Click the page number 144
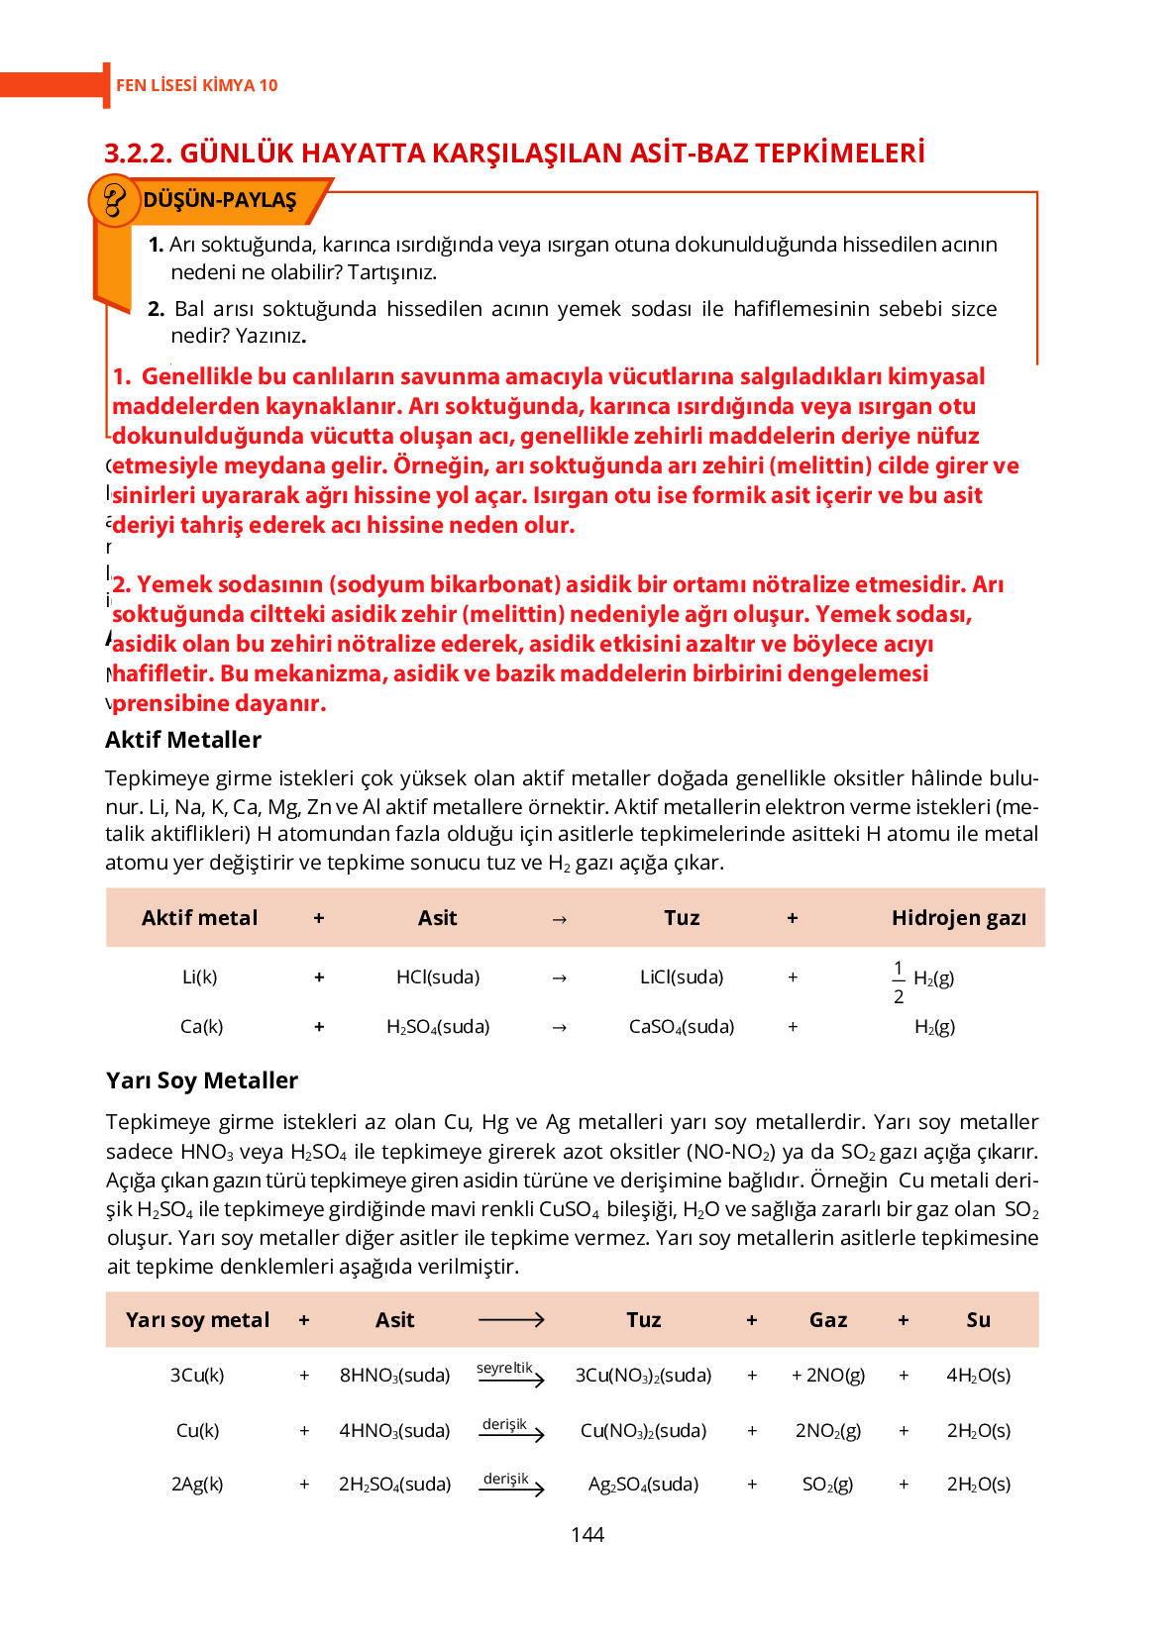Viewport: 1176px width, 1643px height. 587,1534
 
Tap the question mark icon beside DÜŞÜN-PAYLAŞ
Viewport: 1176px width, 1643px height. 114,200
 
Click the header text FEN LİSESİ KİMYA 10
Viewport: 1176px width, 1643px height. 196,85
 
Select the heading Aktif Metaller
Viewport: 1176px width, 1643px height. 183,740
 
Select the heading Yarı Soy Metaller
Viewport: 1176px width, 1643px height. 202,1080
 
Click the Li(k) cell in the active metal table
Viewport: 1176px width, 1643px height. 199,976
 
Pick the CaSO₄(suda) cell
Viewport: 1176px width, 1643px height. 682,1027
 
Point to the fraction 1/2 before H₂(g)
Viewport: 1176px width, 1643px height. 898,981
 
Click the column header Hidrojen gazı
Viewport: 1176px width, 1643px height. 958,918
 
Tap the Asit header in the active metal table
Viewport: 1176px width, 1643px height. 437,918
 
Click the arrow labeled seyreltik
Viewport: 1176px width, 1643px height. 510,1375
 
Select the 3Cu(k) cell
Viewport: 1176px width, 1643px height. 197,1375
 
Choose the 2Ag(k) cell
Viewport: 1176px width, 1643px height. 197,1484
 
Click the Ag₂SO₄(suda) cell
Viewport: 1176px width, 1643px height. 643,1484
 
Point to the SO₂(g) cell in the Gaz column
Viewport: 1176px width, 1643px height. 827,1484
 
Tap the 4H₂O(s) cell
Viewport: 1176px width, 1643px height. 978,1375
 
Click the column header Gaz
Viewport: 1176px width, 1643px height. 827,1320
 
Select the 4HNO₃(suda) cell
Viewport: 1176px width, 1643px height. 394,1430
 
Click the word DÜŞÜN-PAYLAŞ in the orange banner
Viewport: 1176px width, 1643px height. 219,200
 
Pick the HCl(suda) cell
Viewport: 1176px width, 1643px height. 437,976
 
